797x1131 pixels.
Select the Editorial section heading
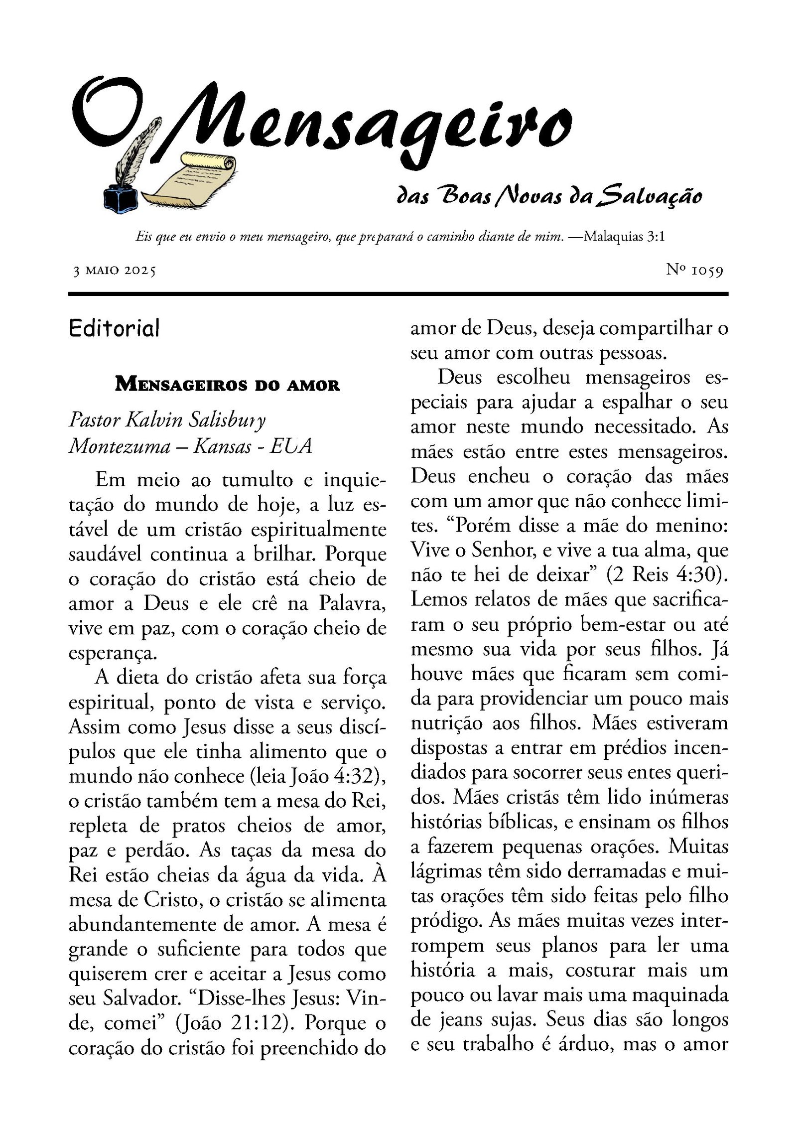[114, 328]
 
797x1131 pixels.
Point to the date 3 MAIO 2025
[115, 271]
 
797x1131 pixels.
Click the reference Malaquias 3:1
[625, 236]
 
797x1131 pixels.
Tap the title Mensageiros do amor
[227, 385]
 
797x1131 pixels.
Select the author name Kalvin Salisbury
[195, 420]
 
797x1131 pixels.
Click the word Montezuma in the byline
[120, 446]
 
